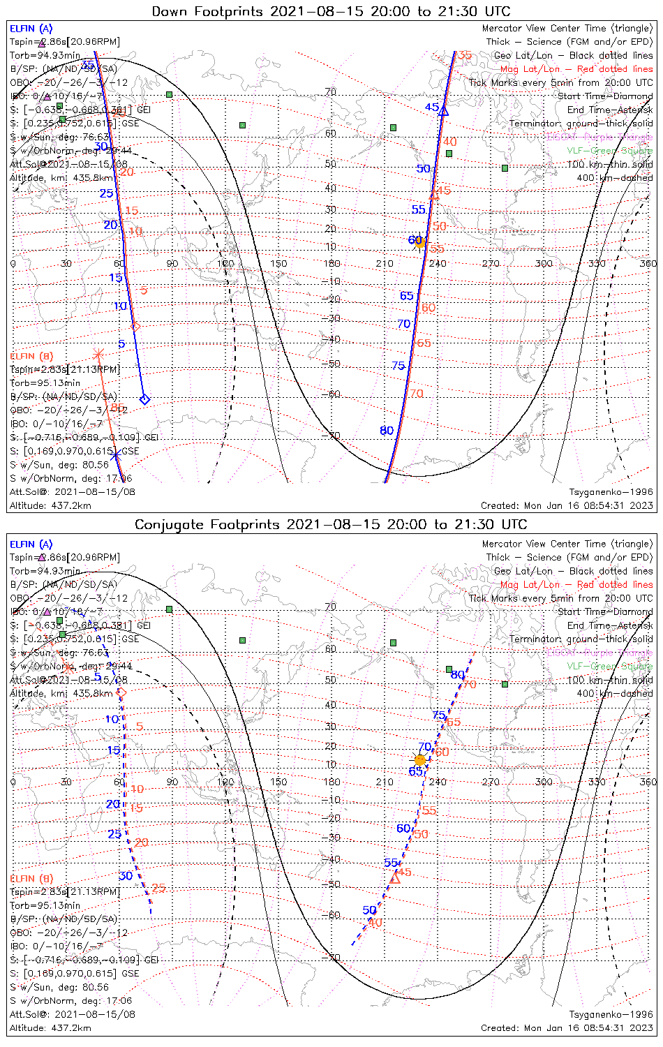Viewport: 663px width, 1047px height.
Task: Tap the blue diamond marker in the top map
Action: coord(144,399)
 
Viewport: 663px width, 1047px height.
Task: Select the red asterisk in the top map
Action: coord(98,354)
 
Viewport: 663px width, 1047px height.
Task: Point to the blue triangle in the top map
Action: coord(443,110)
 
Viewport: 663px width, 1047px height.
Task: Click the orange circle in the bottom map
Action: coord(419,760)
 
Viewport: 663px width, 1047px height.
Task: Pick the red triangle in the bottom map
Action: coord(395,878)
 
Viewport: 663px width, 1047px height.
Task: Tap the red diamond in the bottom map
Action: coord(121,692)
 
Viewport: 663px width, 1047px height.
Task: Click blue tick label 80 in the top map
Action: coord(387,431)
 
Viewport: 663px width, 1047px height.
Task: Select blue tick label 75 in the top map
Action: coord(398,366)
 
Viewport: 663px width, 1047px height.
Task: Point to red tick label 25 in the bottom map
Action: coord(158,889)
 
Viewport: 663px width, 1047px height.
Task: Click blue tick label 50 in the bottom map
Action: coord(369,910)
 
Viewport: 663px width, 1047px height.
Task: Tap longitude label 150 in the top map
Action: coord(278,264)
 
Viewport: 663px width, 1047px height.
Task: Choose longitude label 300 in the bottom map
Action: coord(544,782)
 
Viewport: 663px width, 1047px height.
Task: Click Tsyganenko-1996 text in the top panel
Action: coord(611,492)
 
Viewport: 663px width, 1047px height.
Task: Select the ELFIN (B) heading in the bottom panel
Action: coord(31,878)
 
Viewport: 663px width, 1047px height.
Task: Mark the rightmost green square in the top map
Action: coord(505,168)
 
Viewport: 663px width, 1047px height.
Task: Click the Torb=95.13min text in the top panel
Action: coord(45,383)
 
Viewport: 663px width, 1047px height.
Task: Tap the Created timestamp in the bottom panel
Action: coord(567,1027)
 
